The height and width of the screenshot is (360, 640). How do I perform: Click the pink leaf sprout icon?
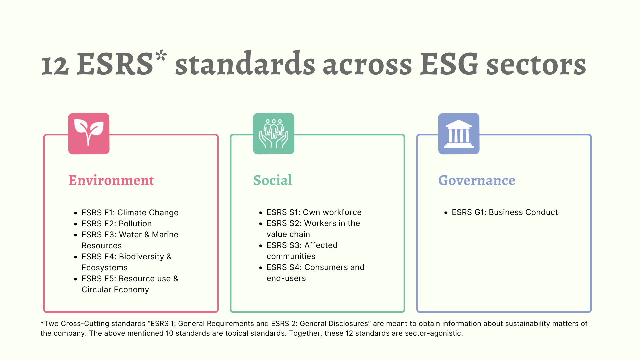click(x=89, y=134)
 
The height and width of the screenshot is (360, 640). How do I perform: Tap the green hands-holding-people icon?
click(x=274, y=134)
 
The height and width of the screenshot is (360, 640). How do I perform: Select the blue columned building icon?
click(x=459, y=134)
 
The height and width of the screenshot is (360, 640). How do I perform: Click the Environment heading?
click(x=111, y=180)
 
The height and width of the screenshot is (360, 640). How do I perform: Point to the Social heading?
click(x=273, y=180)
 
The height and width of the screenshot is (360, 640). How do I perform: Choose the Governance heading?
click(x=477, y=180)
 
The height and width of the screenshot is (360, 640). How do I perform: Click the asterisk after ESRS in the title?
click(x=161, y=55)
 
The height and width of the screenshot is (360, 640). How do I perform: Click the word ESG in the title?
click(x=449, y=64)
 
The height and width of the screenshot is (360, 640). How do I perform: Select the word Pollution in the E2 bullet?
click(x=135, y=224)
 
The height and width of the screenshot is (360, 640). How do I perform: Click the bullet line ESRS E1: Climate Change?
click(x=130, y=213)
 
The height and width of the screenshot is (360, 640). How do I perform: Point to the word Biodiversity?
click(x=142, y=257)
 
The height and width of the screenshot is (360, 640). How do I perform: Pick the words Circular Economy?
click(x=115, y=290)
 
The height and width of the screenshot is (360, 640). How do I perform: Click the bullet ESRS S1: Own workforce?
click(x=314, y=212)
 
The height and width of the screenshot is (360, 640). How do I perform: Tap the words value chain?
click(x=288, y=234)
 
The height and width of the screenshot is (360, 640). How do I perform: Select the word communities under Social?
click(x=291, y=256)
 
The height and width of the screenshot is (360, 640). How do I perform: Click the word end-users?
click(x=286, y=278)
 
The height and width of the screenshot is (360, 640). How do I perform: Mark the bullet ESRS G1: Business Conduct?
click(x=505, y=212)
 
